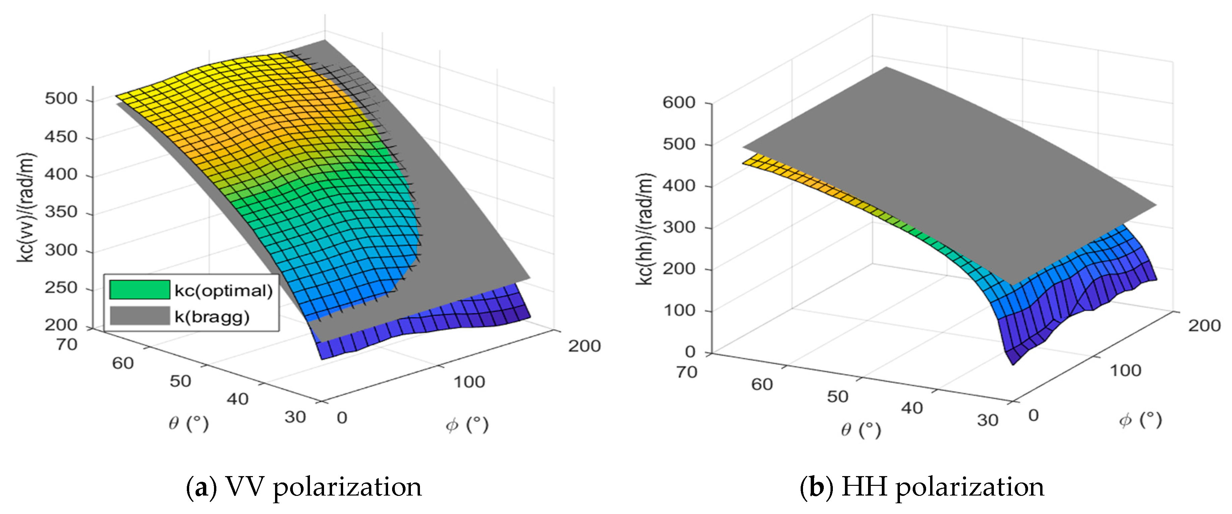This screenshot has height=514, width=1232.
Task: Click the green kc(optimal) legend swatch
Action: tap(140, 290)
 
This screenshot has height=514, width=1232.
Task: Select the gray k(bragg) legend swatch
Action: tap(140, 316)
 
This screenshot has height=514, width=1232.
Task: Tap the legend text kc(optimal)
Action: tap(223, 291)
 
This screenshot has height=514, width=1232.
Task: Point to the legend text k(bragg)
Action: tap(212, 317)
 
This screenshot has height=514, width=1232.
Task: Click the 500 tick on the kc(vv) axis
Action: tap(61, 99)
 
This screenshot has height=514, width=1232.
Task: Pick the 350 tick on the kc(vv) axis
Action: tap(61, 212)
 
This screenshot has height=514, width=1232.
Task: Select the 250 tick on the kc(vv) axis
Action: tap(61, 287)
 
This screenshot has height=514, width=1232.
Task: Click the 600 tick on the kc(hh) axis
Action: tap(678, 102)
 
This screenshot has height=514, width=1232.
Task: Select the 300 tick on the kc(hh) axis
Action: tap(678, 227)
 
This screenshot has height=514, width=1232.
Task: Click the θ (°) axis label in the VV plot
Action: tap(189, 423)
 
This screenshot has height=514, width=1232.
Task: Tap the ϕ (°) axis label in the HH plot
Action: tap(1140, 420)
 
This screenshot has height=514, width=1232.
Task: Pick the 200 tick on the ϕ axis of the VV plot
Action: tap(584, 346)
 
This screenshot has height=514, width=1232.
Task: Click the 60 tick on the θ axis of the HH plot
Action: tap(761, 384)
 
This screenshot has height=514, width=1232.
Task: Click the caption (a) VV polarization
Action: tap(304, 487)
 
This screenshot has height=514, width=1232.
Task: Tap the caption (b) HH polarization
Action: tap(922, 487)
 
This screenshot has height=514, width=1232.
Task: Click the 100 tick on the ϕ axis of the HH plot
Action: tap(1125, 370)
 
